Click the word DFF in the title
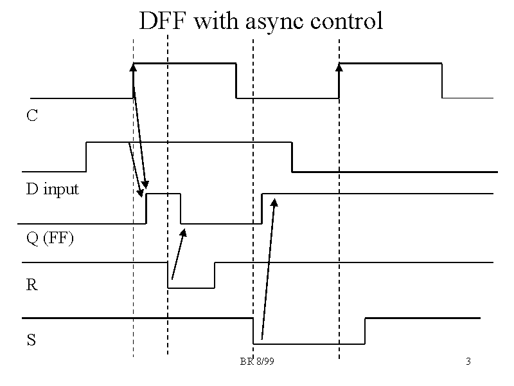click(163, 21)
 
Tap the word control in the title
click(346, 21)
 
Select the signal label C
click(31, 116)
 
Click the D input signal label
click(52, 189)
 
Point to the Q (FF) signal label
click(49, 239)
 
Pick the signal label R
click(31, 284)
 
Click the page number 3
click(468, 362)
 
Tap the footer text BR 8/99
click(257, 362)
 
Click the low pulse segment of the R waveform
click(191, 288)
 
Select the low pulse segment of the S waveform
click(308, 343)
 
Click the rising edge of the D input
click(86, 156)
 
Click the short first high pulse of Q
click(163, 193)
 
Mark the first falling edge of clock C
click(236, 80)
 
